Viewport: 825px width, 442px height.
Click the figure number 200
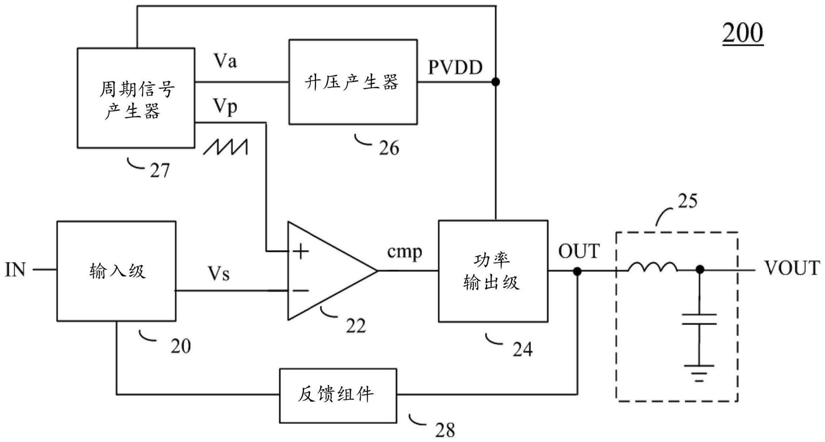click(742, 33)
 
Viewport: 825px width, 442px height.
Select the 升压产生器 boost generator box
click(353, 82)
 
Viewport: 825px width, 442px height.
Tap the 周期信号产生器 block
click(136, 98)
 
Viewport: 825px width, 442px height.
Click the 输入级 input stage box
click(116, 271)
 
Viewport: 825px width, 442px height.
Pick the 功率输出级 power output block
click(493, 271)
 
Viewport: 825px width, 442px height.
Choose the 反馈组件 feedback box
click(338, 395)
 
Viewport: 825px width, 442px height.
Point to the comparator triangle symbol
click(327, 271)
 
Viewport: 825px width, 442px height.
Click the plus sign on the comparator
click(301, 251)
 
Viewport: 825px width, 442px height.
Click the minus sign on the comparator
click(301, 290)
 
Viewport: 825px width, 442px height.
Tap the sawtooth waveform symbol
click(225, 147)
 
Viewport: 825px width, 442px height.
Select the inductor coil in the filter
click(652, 267)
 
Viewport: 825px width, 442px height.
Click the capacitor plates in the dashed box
click(699, 319)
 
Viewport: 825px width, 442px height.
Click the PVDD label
click(455, 68)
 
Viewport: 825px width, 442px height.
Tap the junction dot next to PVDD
click(495, 82)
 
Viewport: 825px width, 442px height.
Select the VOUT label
click(792, 268)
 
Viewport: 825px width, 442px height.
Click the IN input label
click(15, 270)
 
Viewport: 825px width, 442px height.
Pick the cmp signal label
click(405, 252)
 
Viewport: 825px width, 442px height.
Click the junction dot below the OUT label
click(577, 271)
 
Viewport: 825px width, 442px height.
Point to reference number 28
click(445, 431)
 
